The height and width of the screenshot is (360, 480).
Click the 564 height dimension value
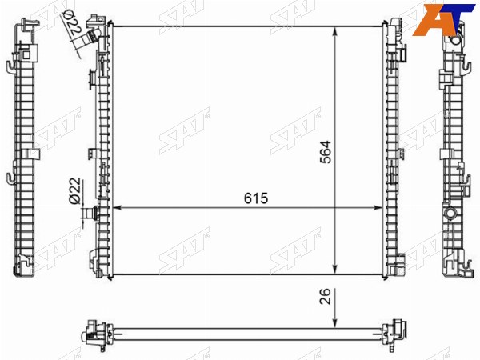[x=326, y=152]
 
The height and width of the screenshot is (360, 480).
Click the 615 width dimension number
[x=256, y=198]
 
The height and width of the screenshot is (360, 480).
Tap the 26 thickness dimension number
[x=325, y=296]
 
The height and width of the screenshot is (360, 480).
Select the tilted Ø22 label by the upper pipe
[x=70, y=23]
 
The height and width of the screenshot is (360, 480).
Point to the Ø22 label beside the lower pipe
[x=75, y=190]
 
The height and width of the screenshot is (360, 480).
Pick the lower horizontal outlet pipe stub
[x=91, y=213]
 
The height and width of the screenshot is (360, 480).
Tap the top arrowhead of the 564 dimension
[x=335, y=31]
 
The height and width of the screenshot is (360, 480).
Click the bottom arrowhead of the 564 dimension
[x=335, y=269]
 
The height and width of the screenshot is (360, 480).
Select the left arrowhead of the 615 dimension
[x=118, y=208]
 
